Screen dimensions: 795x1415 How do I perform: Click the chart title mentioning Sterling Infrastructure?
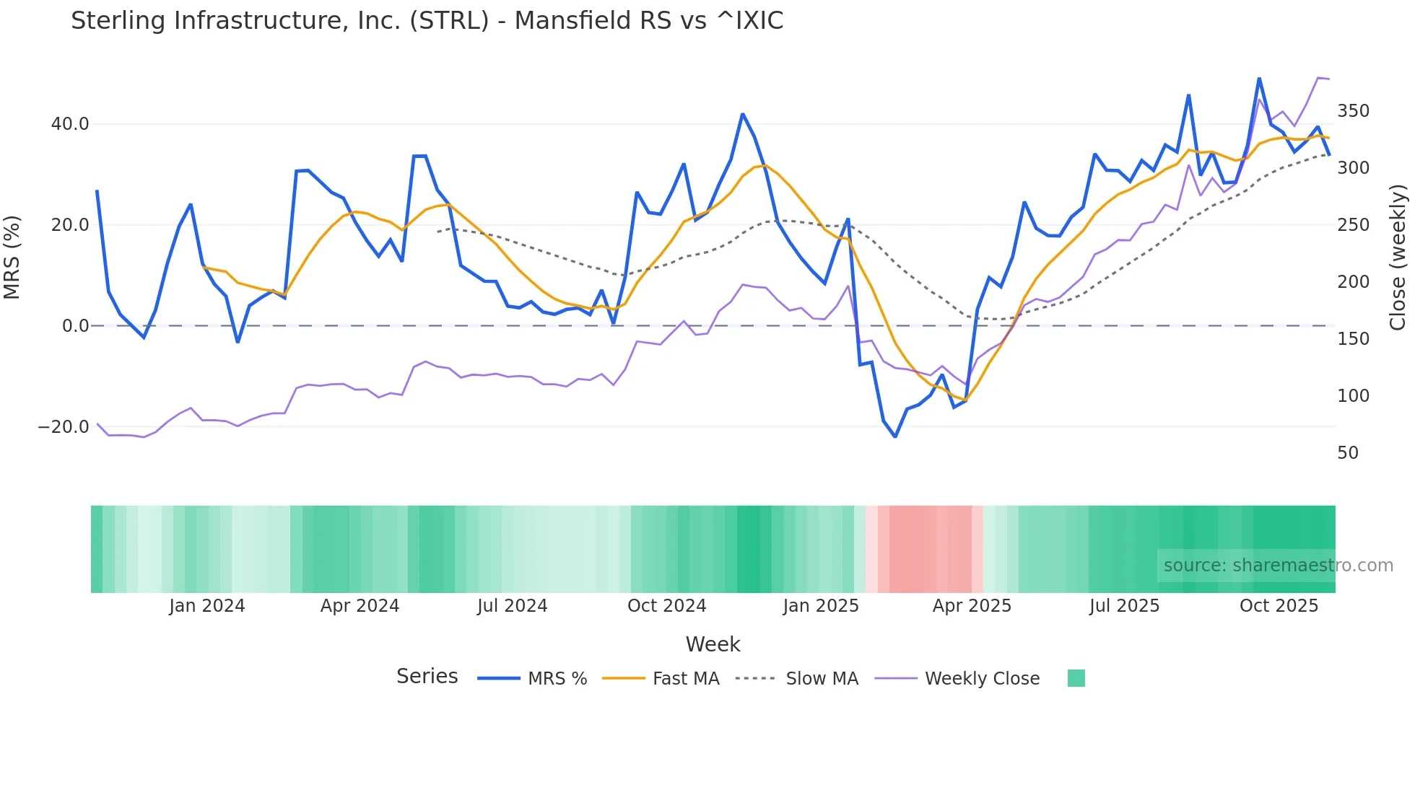coord(427,21)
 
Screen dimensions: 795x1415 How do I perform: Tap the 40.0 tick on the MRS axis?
coord(70,124)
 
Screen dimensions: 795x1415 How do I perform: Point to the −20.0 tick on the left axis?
coord(64,427)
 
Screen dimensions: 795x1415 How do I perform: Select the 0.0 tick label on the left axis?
coord(75,326)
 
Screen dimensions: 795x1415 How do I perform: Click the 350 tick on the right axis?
coord(1353,111)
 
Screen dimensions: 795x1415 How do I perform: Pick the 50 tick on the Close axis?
coord(1348,453)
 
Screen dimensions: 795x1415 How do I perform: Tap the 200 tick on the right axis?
coord(1353,282)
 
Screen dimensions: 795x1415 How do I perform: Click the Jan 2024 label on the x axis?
coord(207,606)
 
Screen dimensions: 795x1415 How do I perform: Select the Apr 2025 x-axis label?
coord(972,606)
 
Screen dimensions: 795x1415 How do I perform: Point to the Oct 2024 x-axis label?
coord(666,606)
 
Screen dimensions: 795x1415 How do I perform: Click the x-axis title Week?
coord(713,644)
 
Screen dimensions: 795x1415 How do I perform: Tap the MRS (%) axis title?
coord(12,258)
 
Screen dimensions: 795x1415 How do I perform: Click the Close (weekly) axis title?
coord(1398,258)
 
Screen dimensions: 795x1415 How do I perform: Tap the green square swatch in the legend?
coord(1076,678)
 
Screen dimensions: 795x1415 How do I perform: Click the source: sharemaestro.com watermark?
coord(1278,566)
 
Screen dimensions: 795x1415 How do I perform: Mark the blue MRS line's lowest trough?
coord(895,436)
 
